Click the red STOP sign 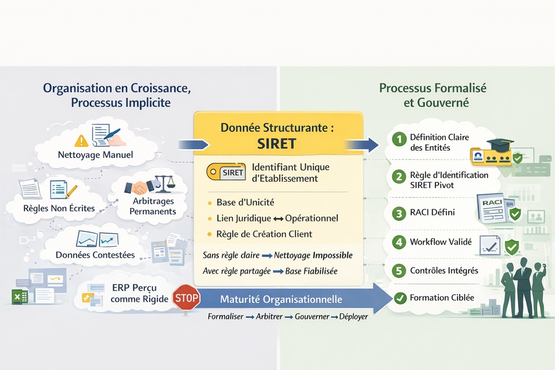186,299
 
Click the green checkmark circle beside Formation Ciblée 400,298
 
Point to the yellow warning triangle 81,139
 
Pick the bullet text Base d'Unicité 245,203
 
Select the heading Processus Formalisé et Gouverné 432,95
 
